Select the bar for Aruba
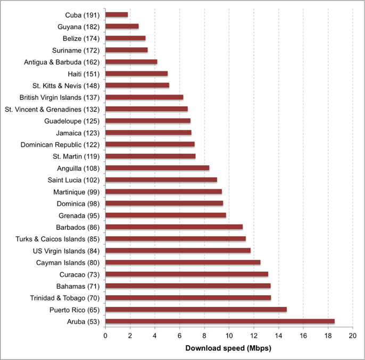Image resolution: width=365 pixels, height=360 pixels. coord(220,321)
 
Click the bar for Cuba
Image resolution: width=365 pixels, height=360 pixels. coord(117,14)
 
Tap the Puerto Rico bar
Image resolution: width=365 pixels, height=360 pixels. coord(196,309)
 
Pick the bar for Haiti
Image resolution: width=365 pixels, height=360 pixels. coord(136,73)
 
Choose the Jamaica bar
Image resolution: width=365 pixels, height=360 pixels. coord(148,132)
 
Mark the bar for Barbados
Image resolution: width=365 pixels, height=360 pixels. coord(174,227)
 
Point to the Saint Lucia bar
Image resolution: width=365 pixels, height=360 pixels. coord(161,180)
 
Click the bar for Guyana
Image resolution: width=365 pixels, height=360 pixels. coord(122,26)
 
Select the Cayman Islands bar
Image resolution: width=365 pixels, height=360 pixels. coord(182,262)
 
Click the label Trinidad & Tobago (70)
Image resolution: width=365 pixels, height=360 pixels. coord(64,298)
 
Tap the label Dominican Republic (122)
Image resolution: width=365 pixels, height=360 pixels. coord(60,144)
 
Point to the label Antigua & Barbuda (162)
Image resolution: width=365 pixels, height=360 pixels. coord(61,62)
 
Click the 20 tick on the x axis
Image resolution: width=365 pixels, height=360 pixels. coord(352,336)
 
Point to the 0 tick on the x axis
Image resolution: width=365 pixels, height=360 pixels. coord(105,336)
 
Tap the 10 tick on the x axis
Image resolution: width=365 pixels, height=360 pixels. coord(229,336)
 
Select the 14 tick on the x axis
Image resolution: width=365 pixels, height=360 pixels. coord(278,336)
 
